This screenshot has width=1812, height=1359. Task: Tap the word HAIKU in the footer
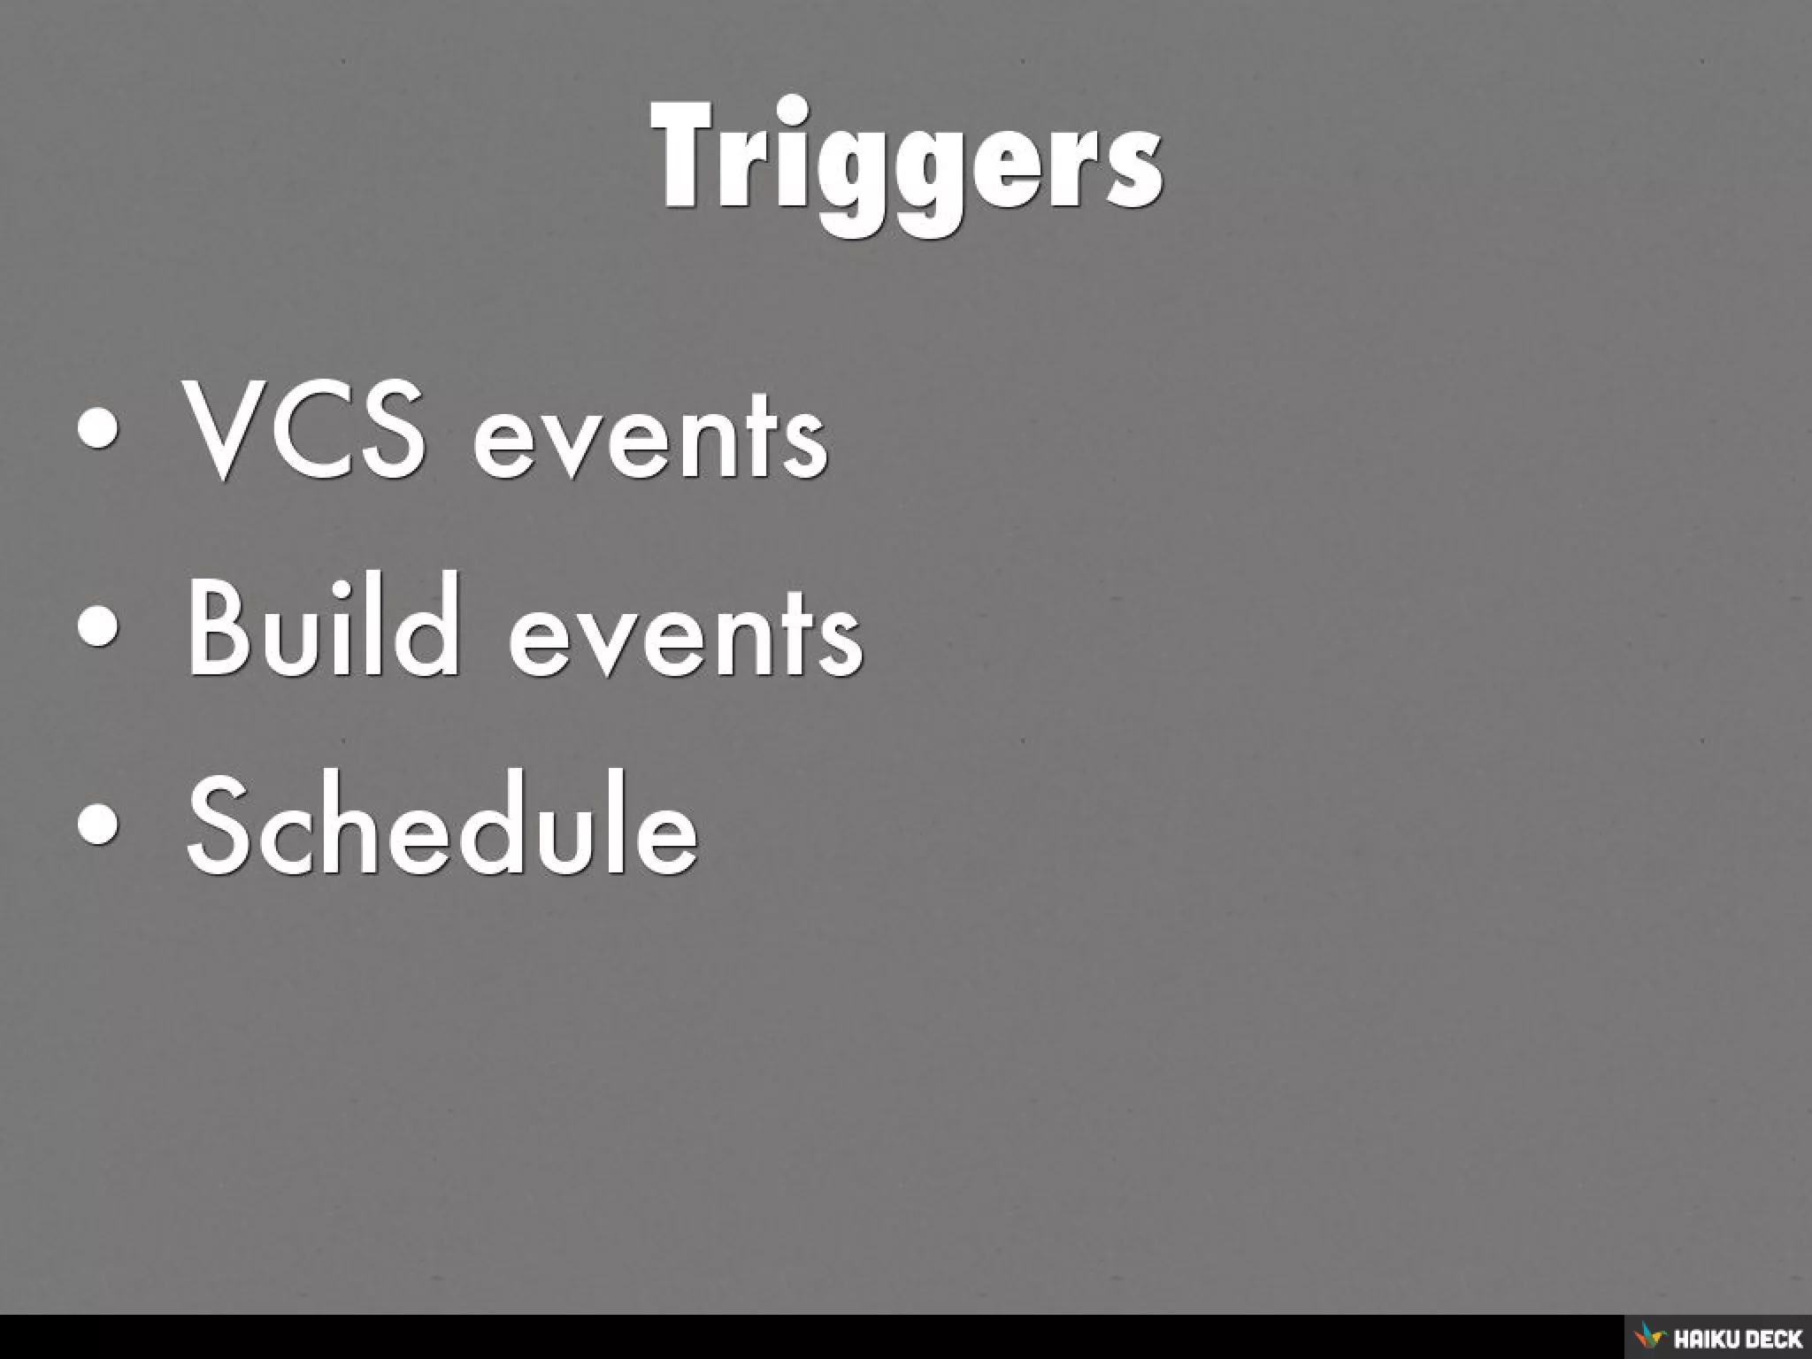pyautogui.click(x=1702, y=1339)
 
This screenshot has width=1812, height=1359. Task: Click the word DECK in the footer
pyautogui.click(x=1770, y=1339)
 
